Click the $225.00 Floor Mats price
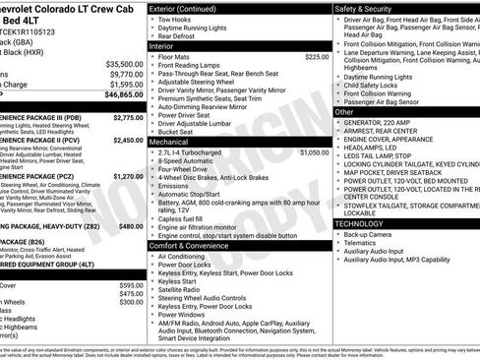(317, 57)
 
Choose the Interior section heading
(162, 45)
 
